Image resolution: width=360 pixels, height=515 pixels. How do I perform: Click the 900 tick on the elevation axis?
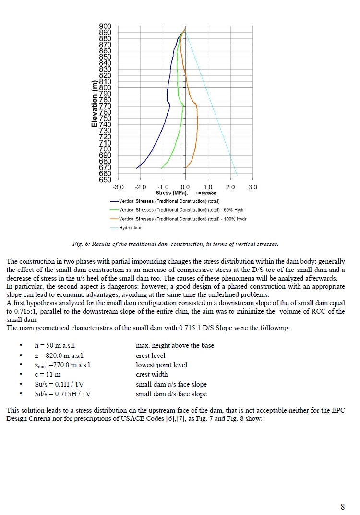105,26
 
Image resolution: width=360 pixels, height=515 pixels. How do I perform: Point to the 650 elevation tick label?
105,180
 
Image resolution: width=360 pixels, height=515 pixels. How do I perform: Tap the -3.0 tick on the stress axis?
118,187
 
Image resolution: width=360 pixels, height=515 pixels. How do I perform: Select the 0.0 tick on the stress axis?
185,187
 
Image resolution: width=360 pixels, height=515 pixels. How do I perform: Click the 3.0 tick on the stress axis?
252,187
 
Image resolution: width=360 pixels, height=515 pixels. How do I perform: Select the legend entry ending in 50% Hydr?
182,210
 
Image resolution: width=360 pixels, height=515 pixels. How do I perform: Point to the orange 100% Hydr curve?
197,125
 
